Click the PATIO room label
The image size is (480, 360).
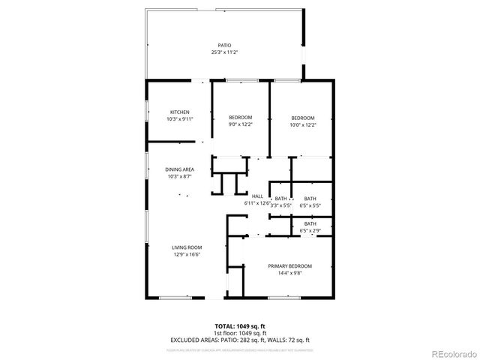pyautogui.click(x=224, y=46)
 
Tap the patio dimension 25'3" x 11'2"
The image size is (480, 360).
pyautogui.click(x=224, y=52)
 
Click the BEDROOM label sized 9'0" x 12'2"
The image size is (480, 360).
pyautogui.click(x=240, y=117)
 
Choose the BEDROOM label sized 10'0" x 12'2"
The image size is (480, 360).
pyautogui.click(x=302, y=117)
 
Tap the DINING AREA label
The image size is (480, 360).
pyautogui.click(x=179, y=169)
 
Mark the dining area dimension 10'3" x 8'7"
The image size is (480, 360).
pyautogui.click(x=179, y=175)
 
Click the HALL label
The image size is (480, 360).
pyautogui.click(x=257, y=196)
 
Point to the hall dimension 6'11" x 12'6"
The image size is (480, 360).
pyautogui.click(x=257, y=202)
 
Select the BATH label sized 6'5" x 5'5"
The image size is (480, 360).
pyautogui.click(x=310, y=199)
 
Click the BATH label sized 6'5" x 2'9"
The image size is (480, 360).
pyautogui.click(x=310, y=224)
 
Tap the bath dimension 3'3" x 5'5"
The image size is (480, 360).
pyautogui.click(x=280, y=205)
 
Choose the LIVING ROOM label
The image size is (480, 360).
pyautogui.click(x=184, y=247)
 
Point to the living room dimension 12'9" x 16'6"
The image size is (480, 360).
pyautogui.click(x=184, y=253)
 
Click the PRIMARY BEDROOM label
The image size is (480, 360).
pyautogui.click(x=289, y=266)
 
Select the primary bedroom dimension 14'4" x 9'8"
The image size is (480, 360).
pyautogui.click(x=289, y=272)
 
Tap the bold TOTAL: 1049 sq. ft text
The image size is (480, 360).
pyautogui.click(x=241, y=327)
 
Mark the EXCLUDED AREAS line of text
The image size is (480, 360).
pyautogui.click(x=241, y=339)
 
